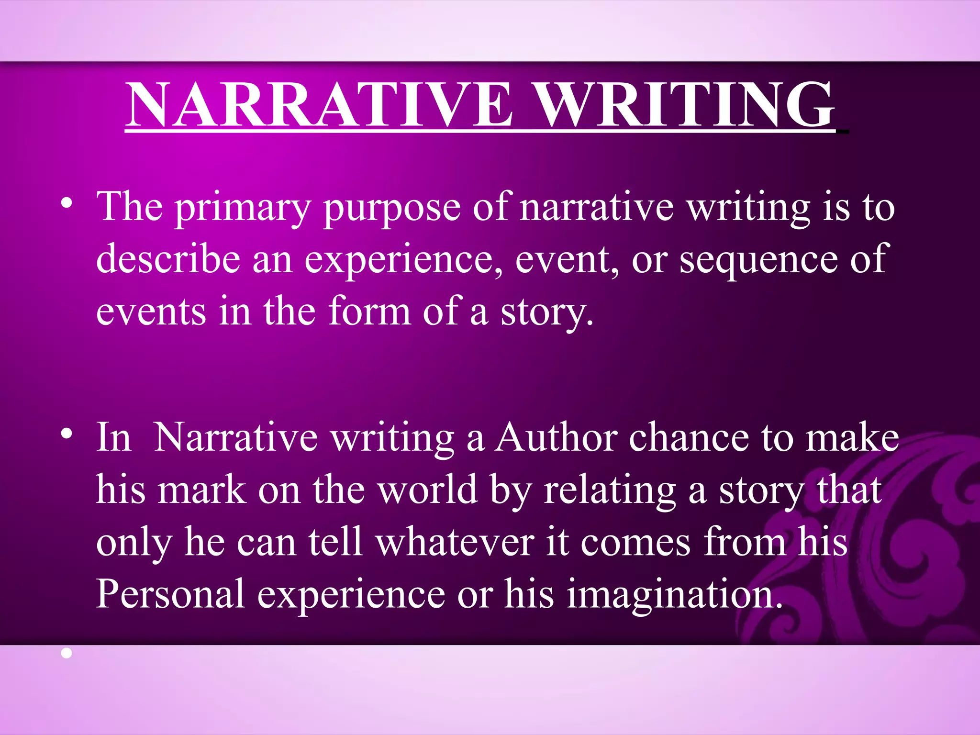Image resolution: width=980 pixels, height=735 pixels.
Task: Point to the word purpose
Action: tap(391, 209)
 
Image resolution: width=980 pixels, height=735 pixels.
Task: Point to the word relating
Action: tap(610, 490)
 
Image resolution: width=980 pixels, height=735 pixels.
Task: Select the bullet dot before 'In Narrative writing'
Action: tap(67, 434)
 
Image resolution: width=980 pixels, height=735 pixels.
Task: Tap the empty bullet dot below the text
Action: tap(67, 653)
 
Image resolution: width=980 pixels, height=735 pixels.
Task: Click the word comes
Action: tap(636, 543)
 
